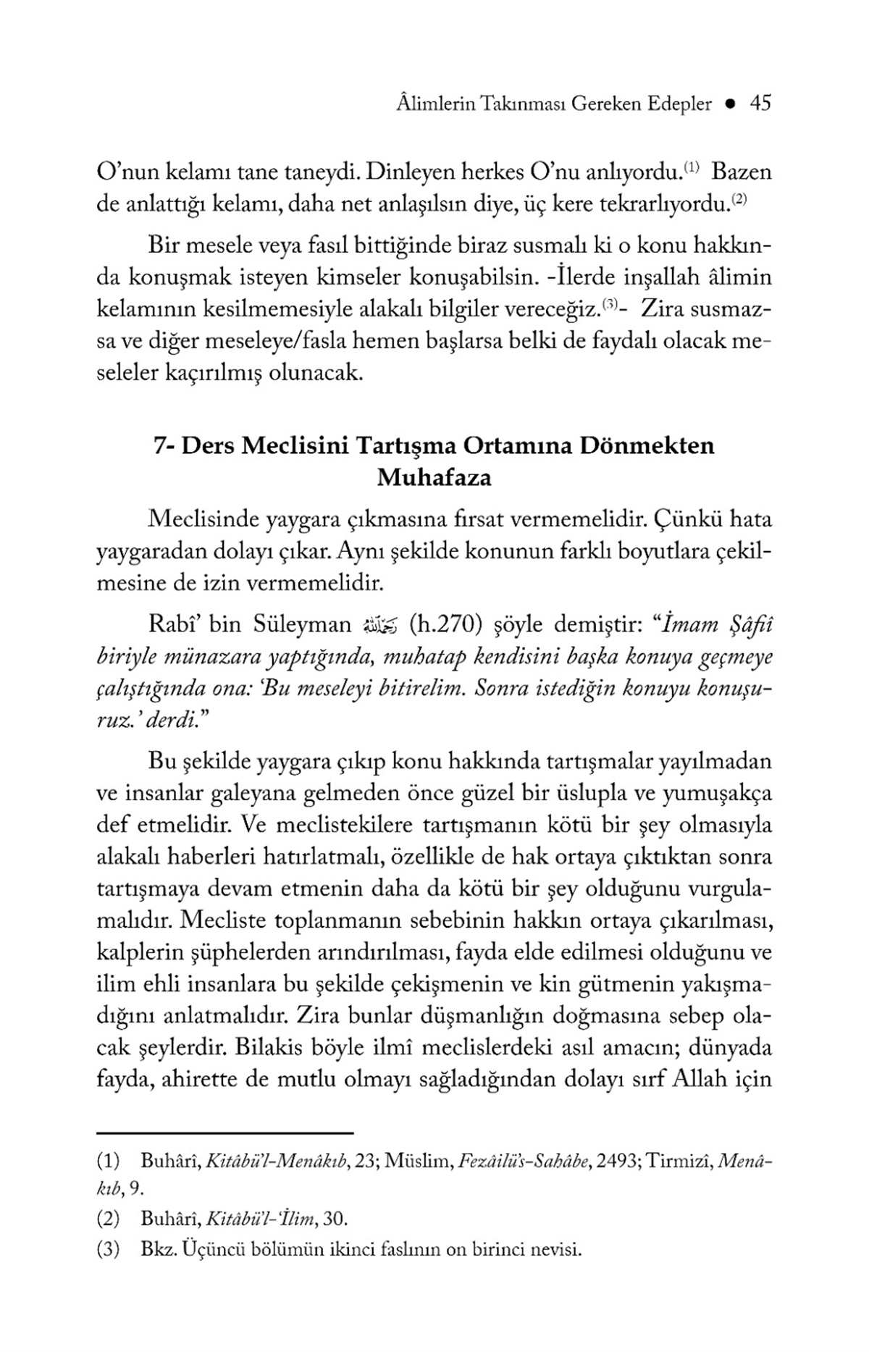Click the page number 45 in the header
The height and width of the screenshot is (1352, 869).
[x=760, y=104]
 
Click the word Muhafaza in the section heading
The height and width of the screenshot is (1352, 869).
[x=434, y=478]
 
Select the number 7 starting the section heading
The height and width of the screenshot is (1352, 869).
[x=160, y=445]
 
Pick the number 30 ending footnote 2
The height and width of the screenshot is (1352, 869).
[x=334, y=1220]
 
